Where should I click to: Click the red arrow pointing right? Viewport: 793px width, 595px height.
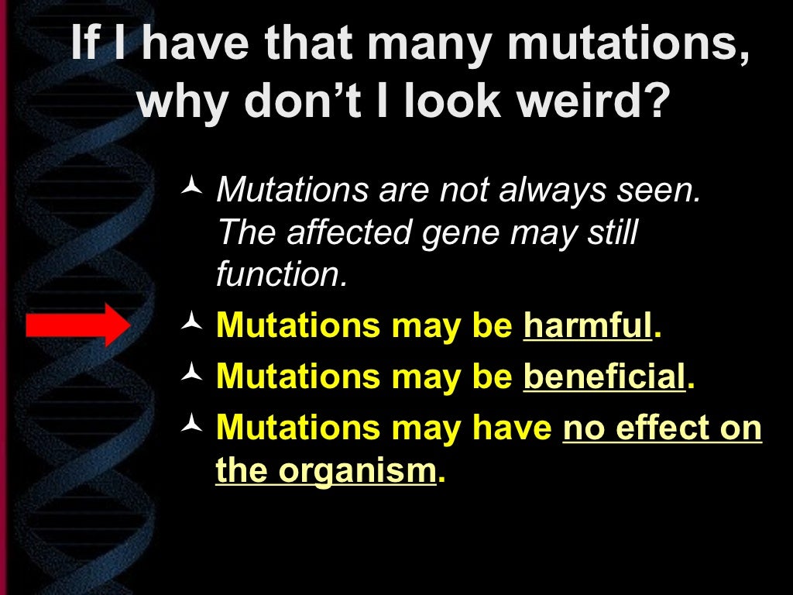pos(77,325)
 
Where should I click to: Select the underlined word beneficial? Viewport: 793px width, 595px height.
pos(605,377)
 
